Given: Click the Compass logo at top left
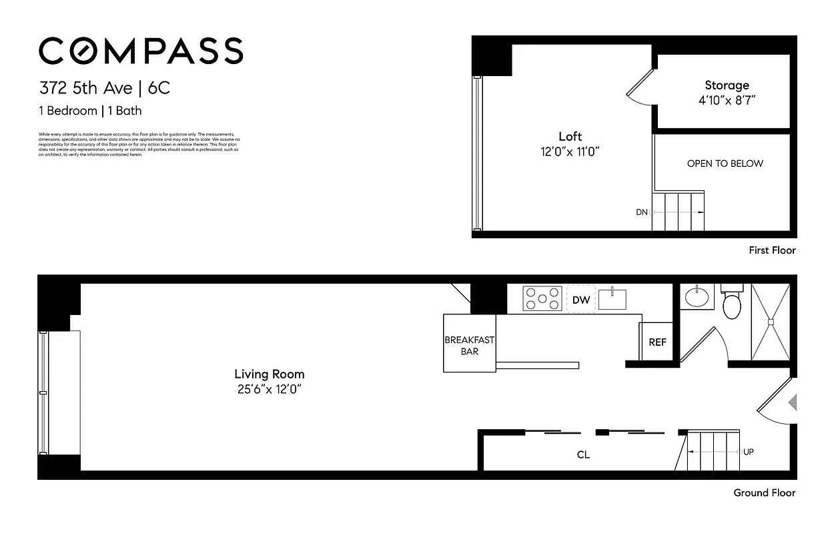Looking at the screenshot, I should pyautogui.click(x=141, y=51).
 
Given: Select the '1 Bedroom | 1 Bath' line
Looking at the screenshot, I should pyautogui.click(x=90, y=111).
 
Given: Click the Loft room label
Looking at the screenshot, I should pyautogui.click(x=570, y=137).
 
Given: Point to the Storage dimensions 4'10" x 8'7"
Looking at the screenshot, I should pyautogui.click(x=727, y=100).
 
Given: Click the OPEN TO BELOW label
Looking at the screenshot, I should pyautogui.click(x=725, y=164).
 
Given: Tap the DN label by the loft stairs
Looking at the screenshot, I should pyautogui.click(x=641, y=212).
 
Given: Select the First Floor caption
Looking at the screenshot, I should pyautogui.click(x=773, y=250).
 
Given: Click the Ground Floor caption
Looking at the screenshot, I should pyautogui.click(x=765, y=493).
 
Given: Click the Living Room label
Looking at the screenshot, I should pyautogui.click(x=270, y=374).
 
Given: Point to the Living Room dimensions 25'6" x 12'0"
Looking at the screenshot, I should pyautogui.click(x=270, y=389).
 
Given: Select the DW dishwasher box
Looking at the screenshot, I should pyautogui.click(x=581, y=300).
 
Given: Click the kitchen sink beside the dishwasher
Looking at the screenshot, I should pyautogui.click(x=612, y=298).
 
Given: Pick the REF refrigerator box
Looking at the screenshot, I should pyautogui.click(x=657, y=342).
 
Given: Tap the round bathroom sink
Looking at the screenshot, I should pyautogui.click(x=697, y=296).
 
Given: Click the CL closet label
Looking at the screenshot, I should pyautogui.click(x=583, y=455).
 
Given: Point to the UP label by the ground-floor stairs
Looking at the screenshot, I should pyautogui.click(x=748, y=452).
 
